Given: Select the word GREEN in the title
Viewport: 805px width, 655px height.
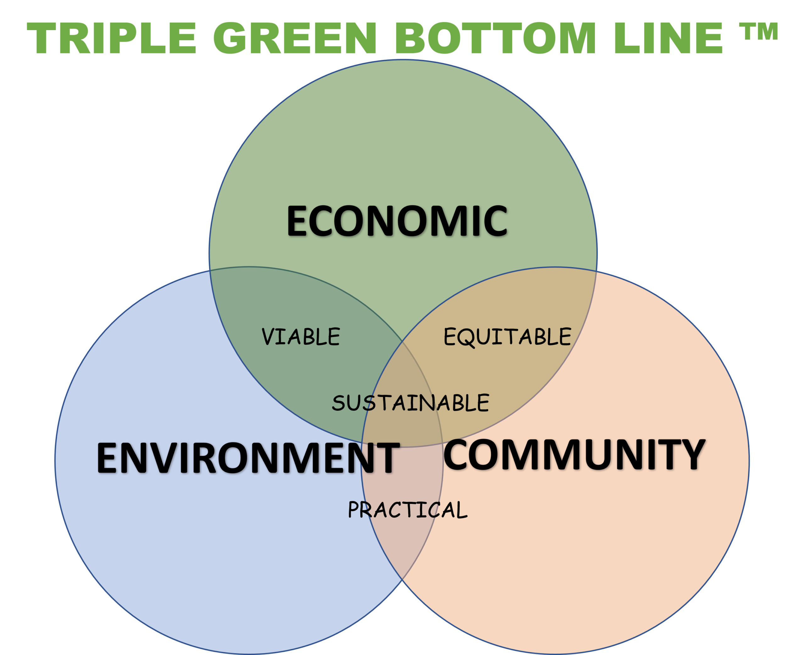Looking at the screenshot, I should [x=295, y=38].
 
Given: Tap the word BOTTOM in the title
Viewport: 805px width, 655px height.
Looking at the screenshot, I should [x=495, y=38].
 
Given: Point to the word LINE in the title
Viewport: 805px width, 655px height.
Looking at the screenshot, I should [x=668, y=38].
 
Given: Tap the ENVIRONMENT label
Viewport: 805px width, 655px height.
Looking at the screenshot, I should [x=248, y=458].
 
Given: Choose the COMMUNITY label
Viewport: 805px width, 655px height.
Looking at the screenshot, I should [x=574, y=455].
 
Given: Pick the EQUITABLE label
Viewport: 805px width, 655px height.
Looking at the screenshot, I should [x=507, y=337].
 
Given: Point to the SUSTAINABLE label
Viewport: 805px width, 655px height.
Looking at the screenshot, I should [x=411, y=403].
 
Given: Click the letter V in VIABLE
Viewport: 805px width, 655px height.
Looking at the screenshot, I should [x=270, y=337].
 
